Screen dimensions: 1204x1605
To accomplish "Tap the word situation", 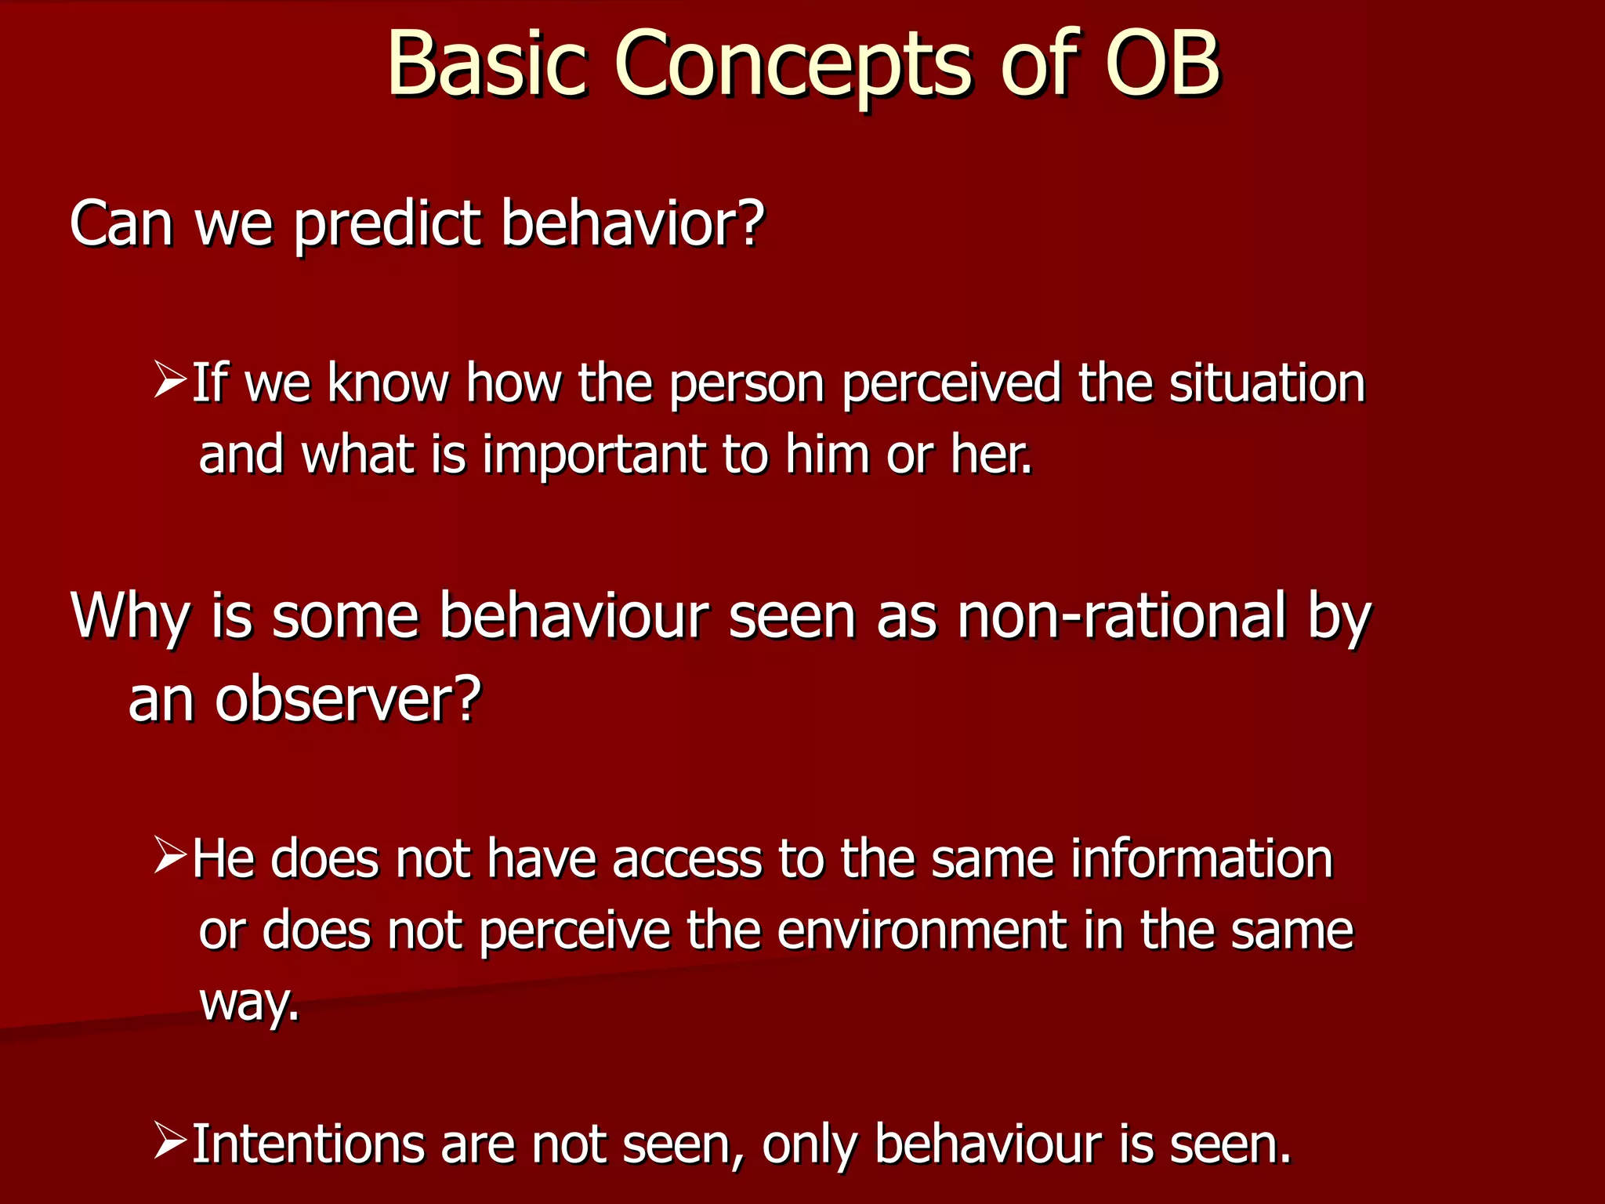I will coord(1267,384).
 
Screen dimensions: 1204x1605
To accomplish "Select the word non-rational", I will coord(1121,616).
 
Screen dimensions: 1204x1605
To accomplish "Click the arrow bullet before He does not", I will coord(169,855).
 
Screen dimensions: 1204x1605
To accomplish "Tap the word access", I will coord(687,859).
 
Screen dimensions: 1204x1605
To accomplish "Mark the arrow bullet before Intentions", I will coord(169,1141).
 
